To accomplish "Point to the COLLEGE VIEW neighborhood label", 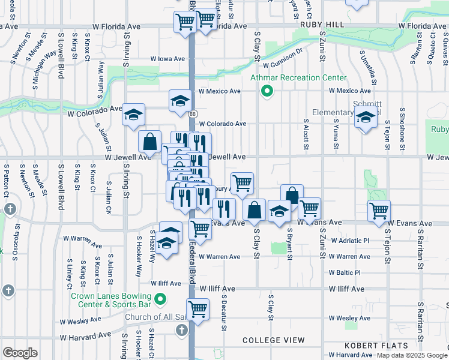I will [274, 340].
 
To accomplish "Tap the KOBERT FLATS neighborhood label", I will [376, 346].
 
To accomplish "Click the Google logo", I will [20, 352].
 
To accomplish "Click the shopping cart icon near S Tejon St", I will [379, 211].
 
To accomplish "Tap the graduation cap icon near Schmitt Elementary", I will [364, 117].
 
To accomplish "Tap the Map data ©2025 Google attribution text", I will [412, 355].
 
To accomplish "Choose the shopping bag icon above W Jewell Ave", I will [149, 142].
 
